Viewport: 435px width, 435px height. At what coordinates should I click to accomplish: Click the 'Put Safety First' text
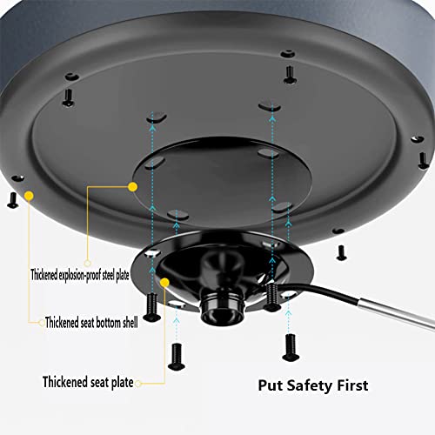[x=313, y=385]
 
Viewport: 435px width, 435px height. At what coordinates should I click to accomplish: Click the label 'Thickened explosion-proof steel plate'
[x=80, y=275]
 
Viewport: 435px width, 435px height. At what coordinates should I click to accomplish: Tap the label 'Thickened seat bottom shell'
[x=91, y=323]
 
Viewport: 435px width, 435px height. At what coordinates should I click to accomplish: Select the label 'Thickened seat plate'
[x=88, y=382]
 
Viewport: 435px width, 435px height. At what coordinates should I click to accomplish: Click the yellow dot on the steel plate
[x=132, y=187]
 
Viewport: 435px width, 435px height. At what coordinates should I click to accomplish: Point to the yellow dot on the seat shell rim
[x=29, y=196]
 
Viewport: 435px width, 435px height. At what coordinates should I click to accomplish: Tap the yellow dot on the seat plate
[x=164, y=283]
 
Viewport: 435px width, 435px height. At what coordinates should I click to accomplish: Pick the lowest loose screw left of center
[x=177, y=357]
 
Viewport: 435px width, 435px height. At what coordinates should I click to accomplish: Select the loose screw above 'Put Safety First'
[x=291, y=347]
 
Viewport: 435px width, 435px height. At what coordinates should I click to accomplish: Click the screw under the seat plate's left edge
[x=152, y=307]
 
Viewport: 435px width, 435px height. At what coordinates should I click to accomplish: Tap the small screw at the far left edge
[x=12, y=201]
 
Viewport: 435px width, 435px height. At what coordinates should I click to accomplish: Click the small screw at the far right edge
[x=424, y=160]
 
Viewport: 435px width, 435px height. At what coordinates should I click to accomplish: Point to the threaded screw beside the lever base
[x=271, y=298]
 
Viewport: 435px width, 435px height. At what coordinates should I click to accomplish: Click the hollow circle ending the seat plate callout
[x=138, y=384]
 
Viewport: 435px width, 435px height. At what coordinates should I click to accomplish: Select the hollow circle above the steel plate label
[x=87, y=263]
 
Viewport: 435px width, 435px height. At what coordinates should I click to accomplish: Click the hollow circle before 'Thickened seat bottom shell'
[x=42, y=322]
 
